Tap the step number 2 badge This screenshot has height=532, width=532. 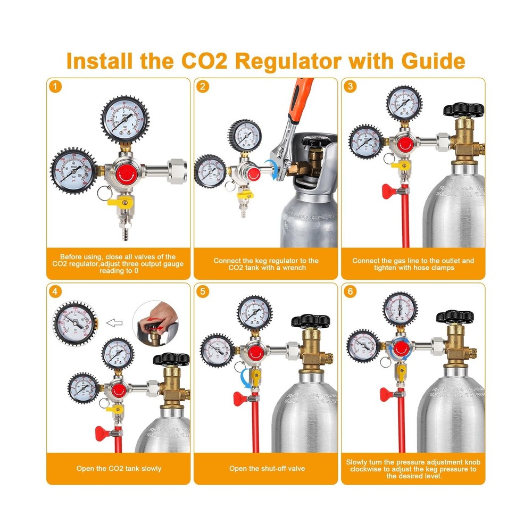202,86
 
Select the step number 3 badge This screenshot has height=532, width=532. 350,86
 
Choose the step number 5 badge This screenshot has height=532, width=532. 202,292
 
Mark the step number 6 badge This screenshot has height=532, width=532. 350,292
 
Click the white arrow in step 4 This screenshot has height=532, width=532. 114,322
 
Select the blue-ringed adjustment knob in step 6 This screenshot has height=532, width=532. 400,348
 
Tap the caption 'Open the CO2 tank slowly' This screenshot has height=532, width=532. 118,469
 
